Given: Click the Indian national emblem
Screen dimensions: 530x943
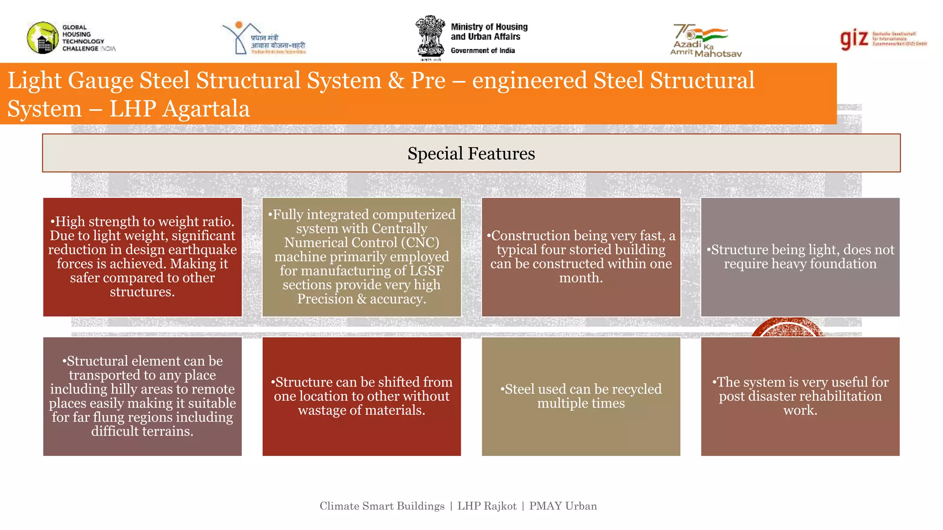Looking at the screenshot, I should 430,37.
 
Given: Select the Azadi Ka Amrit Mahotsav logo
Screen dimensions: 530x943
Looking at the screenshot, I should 704,40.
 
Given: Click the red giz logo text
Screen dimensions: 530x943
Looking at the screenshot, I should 854,39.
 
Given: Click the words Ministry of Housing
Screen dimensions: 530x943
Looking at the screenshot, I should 489,27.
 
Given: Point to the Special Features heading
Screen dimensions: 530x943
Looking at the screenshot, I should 471,153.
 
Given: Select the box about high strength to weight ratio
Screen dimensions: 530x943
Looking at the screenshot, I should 142,257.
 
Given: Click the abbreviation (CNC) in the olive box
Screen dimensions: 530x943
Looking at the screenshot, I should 419,242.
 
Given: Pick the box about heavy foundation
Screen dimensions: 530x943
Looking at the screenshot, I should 800,257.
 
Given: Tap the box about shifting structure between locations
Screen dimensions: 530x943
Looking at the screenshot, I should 361,396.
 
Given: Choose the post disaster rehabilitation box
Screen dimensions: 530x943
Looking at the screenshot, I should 800,396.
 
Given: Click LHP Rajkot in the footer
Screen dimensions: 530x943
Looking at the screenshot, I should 487,506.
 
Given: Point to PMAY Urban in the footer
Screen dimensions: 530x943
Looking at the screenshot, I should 563,506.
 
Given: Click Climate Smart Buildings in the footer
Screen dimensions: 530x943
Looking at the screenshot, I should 382,506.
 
